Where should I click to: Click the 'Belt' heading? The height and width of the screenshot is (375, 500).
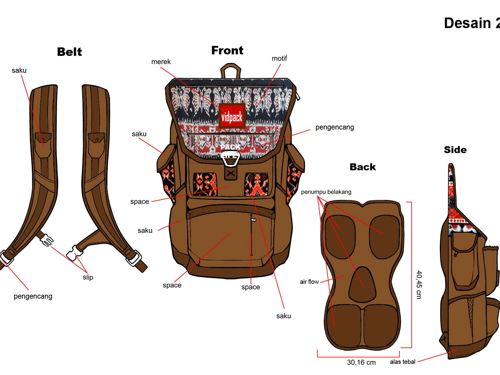[x=69, y=52]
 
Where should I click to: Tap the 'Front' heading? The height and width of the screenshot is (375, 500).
[x=227, y=50]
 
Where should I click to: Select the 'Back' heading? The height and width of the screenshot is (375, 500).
[x=363, y=167]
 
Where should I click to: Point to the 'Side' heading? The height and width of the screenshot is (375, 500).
[x=455, y=150]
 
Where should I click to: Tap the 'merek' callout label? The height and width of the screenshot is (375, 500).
[x=161, y=62]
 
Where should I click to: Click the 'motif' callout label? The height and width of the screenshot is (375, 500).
[x=279, y=59]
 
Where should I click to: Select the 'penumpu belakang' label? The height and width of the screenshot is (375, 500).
[x=326, y=192]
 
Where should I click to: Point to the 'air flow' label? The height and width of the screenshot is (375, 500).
[x=309, y=282]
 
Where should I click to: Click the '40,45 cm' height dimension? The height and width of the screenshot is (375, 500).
[x=419, y=284]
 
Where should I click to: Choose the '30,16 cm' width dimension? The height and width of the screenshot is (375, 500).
[x=361, y=362]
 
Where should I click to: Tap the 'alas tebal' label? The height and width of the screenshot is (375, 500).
[x=402, y=362]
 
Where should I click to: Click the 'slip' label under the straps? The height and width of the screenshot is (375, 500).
[x=88, y=277]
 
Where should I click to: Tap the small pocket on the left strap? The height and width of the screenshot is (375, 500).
[x=43, y=145]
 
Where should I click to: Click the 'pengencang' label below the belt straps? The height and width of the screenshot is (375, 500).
[x=33, y=296]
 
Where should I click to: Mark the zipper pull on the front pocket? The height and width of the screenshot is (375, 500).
[x=253, y=220]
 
